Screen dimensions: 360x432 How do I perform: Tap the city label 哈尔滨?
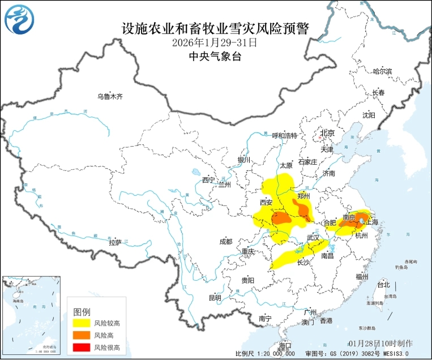(x=382, y=71)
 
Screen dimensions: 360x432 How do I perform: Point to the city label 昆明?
(x=215, y=297)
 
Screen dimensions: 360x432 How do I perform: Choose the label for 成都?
(x=225, y=242)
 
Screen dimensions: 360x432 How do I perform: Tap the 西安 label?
(x=266, y=202)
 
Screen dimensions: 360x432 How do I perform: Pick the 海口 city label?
(x=285, y=345)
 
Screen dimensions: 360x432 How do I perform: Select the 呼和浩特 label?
(x=284, y=135)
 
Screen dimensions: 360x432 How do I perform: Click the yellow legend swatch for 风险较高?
(x=80, y=323)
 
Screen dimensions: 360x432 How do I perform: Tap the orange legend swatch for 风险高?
(x=80, y=335)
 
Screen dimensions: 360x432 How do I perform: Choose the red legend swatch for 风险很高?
(x=80, y=347)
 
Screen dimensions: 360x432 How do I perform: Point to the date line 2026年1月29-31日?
(x=215, y=42)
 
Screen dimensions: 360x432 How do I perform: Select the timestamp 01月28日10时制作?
(x=380, y=344)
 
